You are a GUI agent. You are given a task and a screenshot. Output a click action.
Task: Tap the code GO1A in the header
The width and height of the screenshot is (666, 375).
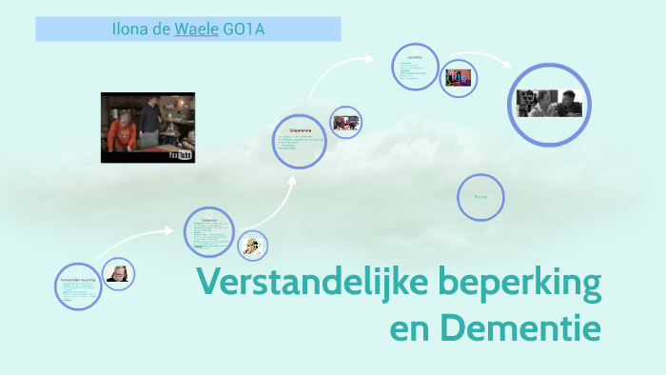pyautogui.click(x=243, y=30)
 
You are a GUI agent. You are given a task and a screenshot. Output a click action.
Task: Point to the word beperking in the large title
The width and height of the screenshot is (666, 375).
pyautogui.click(x=521, y=285)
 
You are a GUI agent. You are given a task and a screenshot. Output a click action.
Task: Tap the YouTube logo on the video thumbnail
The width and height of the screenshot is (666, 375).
pyautogui.click(x=180, y=153)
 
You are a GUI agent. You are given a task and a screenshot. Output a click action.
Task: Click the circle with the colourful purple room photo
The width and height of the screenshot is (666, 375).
pyautogui.click(x=459, y=77)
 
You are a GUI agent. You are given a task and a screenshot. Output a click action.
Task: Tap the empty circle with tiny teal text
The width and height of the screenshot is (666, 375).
pyautogui.click(x=480, y=197)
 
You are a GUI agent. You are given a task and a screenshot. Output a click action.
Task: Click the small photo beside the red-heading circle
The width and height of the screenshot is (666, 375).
pyautogui.click(x=345, y=122)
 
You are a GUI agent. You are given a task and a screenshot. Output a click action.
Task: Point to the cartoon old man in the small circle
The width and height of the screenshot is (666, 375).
pyautogui.click(x=252, y=245)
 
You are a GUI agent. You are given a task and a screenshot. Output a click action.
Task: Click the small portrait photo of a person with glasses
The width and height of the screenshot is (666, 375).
pyautogui.click(x=119, y=274)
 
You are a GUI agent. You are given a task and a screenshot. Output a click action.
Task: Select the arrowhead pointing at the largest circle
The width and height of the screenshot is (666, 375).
pyautogui.click(x=510, y=66)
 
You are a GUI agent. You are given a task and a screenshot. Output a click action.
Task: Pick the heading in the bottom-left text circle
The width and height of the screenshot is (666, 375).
pyautogui.click(x=78, y=281)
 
